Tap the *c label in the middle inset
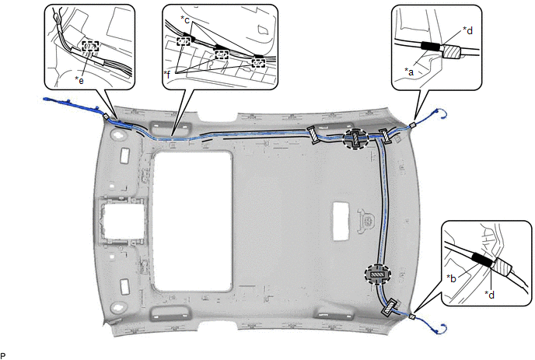pyautogui.click(x=185, y=20)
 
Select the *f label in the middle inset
pyautogui.click(x=167, y=74)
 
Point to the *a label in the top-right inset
pyautogui.click(x=409, y=72)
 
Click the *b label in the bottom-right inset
pyautogui.click(x=451, y=278)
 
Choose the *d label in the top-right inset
pyautogui.click(x=468, y=30)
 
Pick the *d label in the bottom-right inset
pyautogui.click(x=490, y=295)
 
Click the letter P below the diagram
pyautogui.click(x=3, y=356)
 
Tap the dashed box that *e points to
pyautogui.click(x=90, y=46)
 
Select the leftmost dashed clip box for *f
pyautogui.click(x=184, y=42)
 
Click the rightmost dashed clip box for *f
pyautogui.click(x=258, y=63)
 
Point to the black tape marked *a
pyautogui.click(x=431, y=46)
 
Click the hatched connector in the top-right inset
pyautogui.click(x=452, y=52)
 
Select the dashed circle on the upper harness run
pyautogui.click(x=355, y=139)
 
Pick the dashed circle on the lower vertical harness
pyautogui.click(x=378, y=274)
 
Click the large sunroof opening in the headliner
pyautogui.click(x=193, y=219)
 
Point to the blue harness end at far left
pyautogui.click(x=47, y=100)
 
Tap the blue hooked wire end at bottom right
pyautogui.click(x=441, y=328)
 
